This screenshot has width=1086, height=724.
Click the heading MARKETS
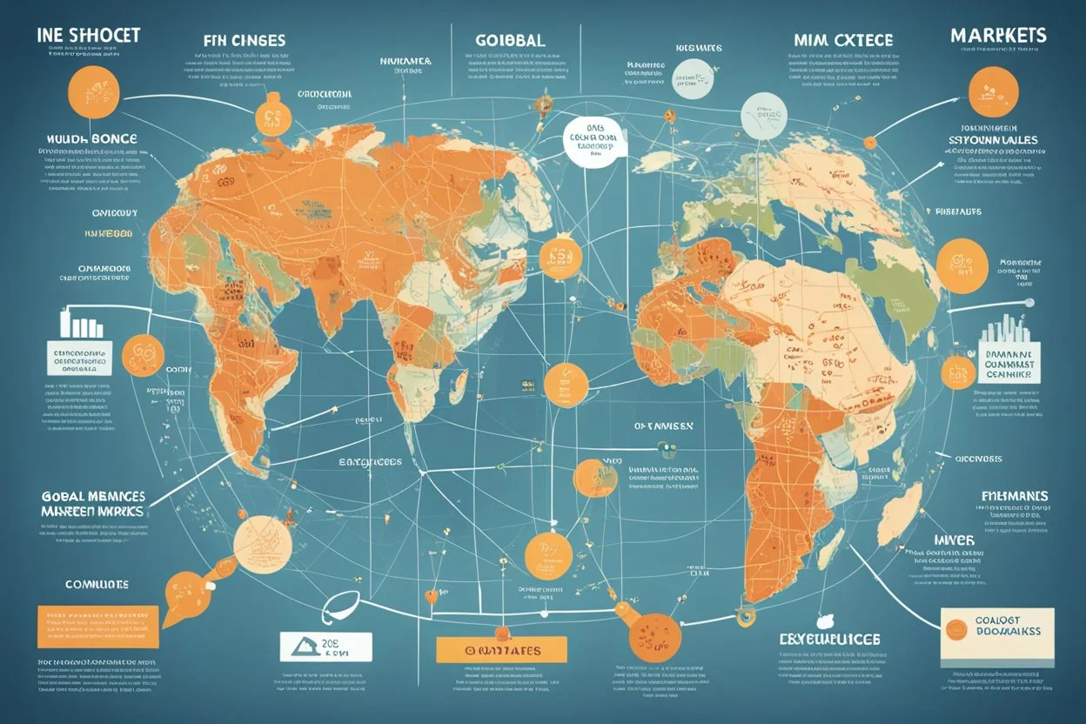point(998,37)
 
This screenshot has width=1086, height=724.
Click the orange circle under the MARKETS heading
point(992,90)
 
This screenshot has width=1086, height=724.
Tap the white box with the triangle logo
point(325,647)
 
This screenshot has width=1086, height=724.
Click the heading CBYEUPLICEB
point(829,640)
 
